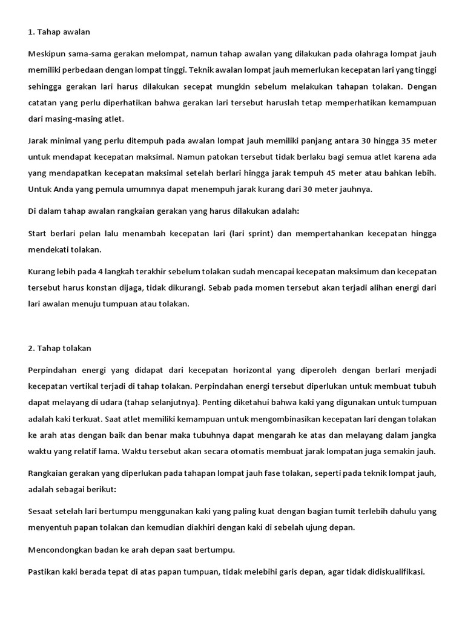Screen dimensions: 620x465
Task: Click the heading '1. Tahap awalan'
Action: (x=59, y=31)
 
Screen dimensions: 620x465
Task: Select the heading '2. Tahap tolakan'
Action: (x=60, y=348)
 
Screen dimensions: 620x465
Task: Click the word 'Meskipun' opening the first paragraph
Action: (x=45, y=54)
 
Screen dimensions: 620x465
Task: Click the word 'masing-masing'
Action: (x=74, y=119)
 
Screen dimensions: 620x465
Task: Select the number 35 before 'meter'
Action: (x=407, y=140)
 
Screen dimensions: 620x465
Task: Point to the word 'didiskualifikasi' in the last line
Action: (x=394, y=571)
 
